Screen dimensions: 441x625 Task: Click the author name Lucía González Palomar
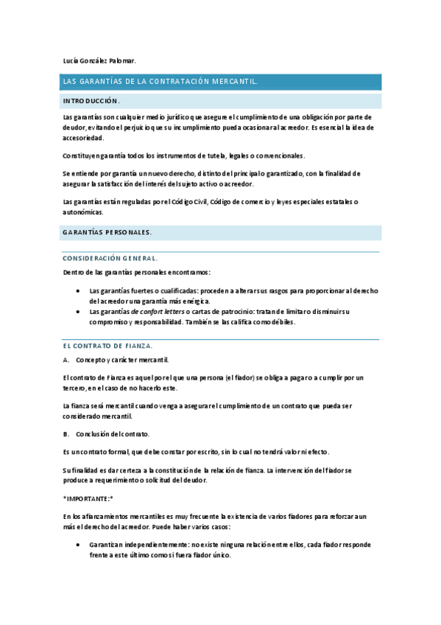pos(99,60)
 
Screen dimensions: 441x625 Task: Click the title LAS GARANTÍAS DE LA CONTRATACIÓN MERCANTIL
pos(160,82)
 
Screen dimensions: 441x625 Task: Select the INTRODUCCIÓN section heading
pos(91,100)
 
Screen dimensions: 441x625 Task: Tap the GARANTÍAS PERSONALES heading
pos(107,232)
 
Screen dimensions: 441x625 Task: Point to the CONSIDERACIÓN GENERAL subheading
pos(110,259)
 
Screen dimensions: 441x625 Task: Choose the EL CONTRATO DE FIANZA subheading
pos(107,345)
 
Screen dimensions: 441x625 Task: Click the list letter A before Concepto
pos(66,360)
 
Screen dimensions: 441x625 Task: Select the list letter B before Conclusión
pos(66,433)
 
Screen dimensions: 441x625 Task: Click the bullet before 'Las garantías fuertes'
pos(78,290)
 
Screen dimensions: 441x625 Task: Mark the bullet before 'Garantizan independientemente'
pos(78,545)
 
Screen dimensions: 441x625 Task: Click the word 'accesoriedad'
pos(84,138)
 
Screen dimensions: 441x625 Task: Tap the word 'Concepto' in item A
pos(91,360)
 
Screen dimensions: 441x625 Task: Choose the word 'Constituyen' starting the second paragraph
pos(82,156)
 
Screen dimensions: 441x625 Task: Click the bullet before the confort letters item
pos(78,312)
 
